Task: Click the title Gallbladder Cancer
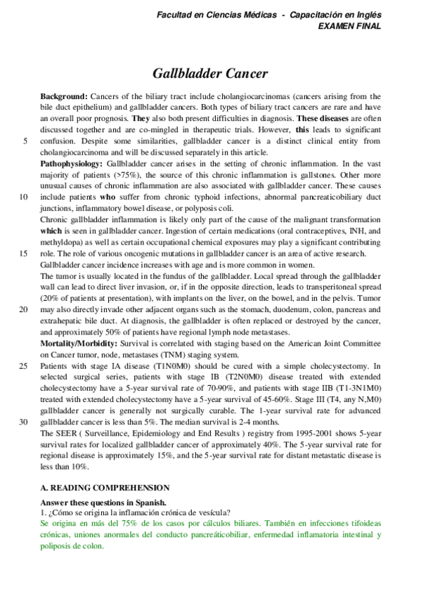pyautogui.click(x=210, y=73)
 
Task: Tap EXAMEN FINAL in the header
pyautogui.click(x=350, y=25)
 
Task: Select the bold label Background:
pyautogui.click(x=64, y=96)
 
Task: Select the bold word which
pyautogui.click(x=51, y=231)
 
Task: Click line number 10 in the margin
pyautogui.click(x=25, y=197)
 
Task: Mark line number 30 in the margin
pyautogui.click(x=25, y=421)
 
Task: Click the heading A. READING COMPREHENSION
pyautogui.click(x=105, y=486)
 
